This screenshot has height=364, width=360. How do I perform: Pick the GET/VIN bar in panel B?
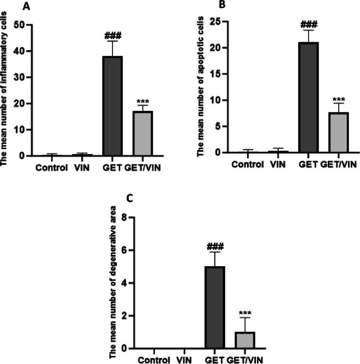[x=339, y=133]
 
